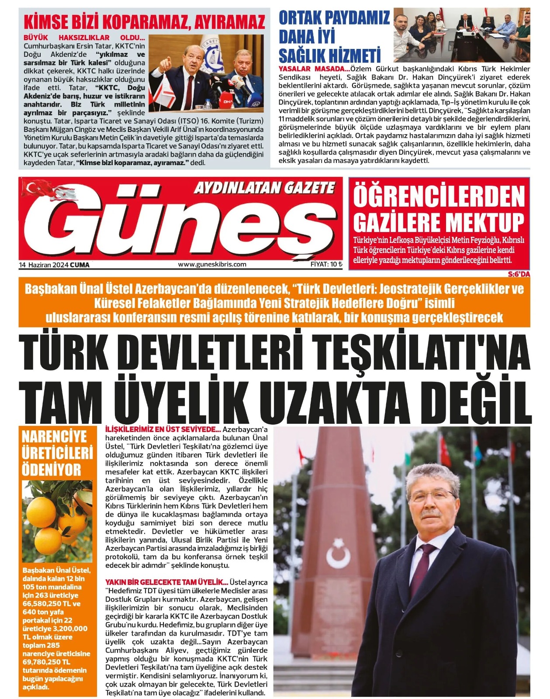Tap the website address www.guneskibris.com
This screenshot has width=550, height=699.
tap(212, 264)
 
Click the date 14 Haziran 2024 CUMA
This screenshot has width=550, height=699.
tap(54, 265)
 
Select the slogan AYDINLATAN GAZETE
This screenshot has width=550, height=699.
tap(264, 188)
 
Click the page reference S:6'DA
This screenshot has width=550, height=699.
tap(519, 274)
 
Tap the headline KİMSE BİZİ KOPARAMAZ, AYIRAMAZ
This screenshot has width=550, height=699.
tap(144, 22)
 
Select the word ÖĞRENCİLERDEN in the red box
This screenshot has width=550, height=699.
tap(439, 197)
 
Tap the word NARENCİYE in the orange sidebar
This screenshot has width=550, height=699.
tap(54, 436)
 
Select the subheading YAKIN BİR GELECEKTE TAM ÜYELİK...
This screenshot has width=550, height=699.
tap(166, 582)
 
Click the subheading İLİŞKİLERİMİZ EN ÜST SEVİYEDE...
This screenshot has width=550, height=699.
tap(163, 429)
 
